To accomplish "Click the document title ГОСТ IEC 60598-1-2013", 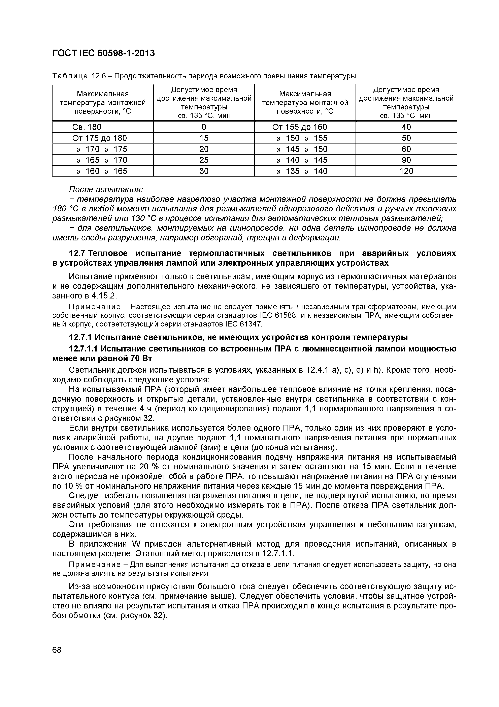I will click(x=103, y=53).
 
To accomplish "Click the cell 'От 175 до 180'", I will click(x=99, y=138).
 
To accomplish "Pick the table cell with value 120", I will click(x=406, y=171).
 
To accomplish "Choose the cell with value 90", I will click(x=406, y=160).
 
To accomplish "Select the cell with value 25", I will click(x=204, y=160).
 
